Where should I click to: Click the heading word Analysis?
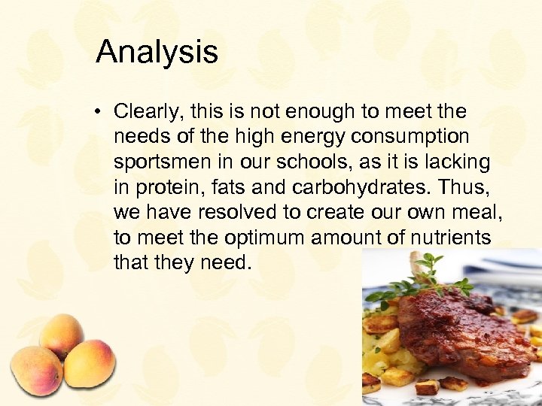tap(157, 52)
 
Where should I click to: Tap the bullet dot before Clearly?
tap(98, 113)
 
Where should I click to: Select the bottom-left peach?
tap(35, 370)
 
